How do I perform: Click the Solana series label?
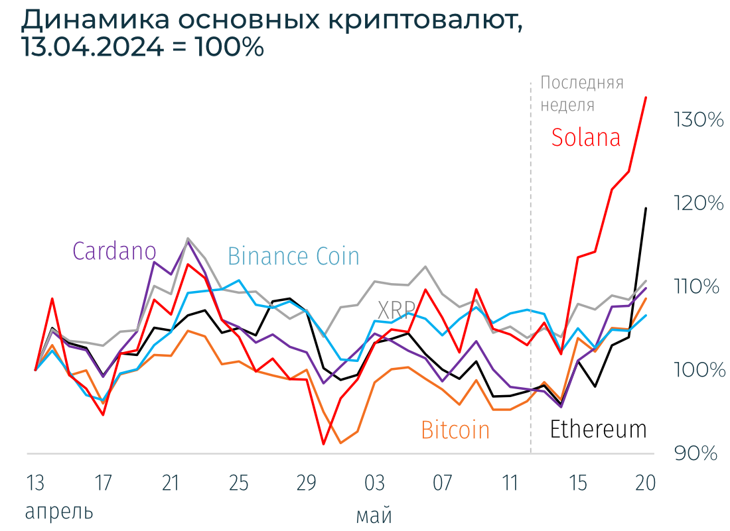tap(586, 137)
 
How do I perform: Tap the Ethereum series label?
tap(598, 430)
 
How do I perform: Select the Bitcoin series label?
tap(455, 430)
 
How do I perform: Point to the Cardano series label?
tap(114, 251)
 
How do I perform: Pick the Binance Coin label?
tap(293, 256)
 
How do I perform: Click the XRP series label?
tap(396, 309)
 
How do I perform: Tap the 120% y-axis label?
tap(698, 204)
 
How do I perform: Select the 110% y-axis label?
tap(697, 287)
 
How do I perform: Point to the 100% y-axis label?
tap(699, 370)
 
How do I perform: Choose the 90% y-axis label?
tap(696, 453)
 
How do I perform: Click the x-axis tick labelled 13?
tap(35, 483)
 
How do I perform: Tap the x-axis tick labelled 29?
tap(306, 483)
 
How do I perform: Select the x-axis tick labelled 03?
tap(374, 483)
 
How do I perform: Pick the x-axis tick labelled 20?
tap(646, 483)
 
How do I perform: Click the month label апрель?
tap(58, 512)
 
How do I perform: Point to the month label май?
tap(374, 515)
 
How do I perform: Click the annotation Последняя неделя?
tap(581, 93)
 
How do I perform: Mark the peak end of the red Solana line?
tap(646, 97)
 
